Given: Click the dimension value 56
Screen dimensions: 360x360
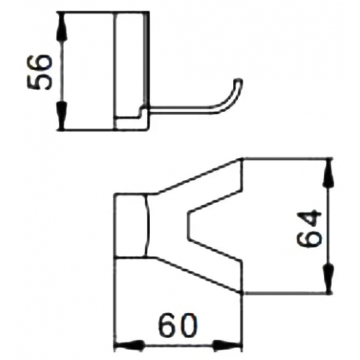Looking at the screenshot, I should (x=41, y=71).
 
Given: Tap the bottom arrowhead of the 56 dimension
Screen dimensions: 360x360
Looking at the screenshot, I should (x=63, y=125).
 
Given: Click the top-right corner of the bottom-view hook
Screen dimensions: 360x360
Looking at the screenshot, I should (x=243, y=159).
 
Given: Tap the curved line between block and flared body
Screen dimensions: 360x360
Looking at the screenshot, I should (x=149, y=226).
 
